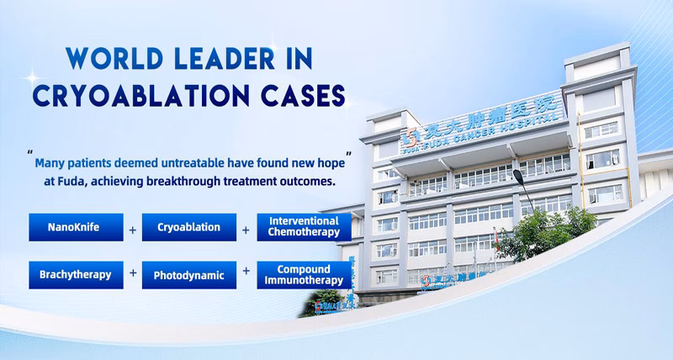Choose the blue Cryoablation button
coord(188,227)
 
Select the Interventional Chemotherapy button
coord(304,226)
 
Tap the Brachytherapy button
coord(71,274)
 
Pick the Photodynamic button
coord(188,274)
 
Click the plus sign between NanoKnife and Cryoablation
coord(131,228)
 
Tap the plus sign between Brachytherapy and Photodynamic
coord(131,273)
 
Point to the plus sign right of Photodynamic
coord(246,272)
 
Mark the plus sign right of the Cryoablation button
coord(246,228)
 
